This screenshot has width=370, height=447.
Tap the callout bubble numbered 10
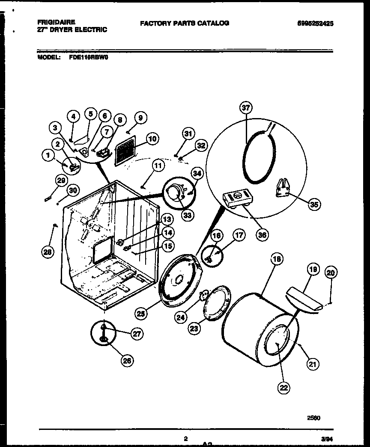point(152,139)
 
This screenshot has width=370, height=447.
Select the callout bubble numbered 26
point(126,361)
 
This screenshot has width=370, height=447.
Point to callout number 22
point(283,388)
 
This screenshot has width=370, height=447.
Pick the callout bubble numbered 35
point(314,204)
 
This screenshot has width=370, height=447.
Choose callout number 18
point(277,258)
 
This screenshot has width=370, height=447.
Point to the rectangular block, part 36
point(237,198)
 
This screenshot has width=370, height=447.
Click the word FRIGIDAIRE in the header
point(56,21)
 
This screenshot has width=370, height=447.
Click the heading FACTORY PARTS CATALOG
point(185,23)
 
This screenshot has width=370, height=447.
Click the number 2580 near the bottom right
point(314,417)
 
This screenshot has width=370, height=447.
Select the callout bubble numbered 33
point(187,215)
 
